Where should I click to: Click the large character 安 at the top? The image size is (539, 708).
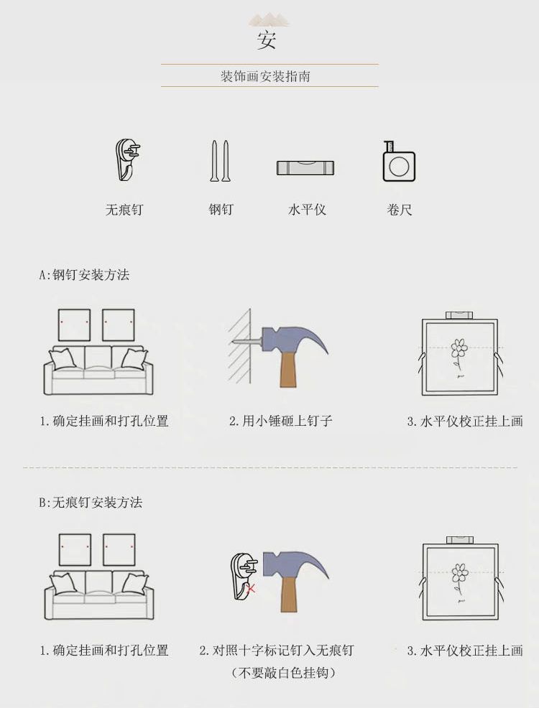click(x=267, y=39)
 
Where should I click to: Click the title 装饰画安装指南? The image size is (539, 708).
click(x=265, y=76)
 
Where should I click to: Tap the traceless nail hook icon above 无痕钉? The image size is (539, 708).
click(x=126, y=160)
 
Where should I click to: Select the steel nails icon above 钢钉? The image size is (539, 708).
click(x=220, y=161)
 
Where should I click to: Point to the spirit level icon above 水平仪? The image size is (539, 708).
click(x=305, y=167)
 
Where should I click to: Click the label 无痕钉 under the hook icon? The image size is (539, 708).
click(x=124, y=210)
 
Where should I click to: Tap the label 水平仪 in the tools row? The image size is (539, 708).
click(x=307, y=210)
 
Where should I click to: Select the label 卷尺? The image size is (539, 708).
click(x=399, y=210)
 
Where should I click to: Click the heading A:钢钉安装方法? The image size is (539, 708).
click(x=84, y=274)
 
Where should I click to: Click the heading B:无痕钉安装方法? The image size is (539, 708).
click(x=91, y=502)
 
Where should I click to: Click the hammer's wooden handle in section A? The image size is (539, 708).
click(x=287, y=369)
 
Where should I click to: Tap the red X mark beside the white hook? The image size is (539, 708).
click(x=252, y=588)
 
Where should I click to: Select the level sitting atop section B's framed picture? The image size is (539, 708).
click(x=460, y=540)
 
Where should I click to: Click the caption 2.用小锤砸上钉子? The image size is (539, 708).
click(x=280, y=421)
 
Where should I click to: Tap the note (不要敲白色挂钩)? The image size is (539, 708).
click(x=283, y=673)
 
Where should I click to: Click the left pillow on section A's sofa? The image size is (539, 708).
click(x=63, y=359)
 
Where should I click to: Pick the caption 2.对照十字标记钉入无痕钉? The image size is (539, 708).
click(x=277, y=651)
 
